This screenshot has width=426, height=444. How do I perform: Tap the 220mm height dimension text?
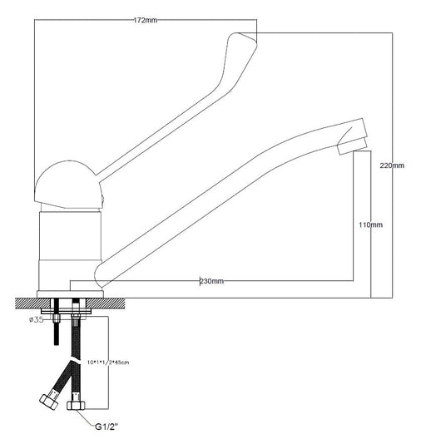click(x=391, y=165)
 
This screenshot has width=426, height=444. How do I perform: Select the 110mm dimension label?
click(x=370, y=225)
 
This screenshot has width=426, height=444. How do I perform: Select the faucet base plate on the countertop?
click(x=70, y=293)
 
